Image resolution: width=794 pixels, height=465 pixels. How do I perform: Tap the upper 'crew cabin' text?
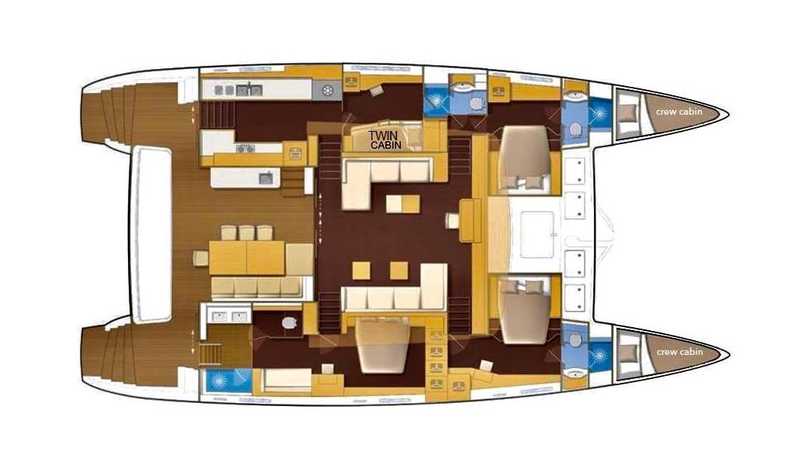(679, 112)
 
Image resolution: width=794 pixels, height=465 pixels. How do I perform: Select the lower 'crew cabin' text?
(679, 352)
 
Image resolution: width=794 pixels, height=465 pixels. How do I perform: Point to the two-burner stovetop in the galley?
(246, 148)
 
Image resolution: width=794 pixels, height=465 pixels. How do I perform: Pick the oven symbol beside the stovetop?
(295, 153)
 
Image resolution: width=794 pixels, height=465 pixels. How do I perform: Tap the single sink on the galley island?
(266, 178)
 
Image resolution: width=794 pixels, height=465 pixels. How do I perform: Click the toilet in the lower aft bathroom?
(289, 322)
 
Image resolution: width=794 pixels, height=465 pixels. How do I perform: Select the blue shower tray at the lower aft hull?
(227, 381)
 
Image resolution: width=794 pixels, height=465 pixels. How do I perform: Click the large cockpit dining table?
(247, 257)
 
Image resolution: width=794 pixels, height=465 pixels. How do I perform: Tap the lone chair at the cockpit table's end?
(200, 258)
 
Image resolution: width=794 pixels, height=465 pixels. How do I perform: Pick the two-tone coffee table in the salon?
(402, 204)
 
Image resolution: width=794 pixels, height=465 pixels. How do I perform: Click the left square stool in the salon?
(361, 270)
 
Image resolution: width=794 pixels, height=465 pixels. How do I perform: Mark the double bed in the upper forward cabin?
(524, 159)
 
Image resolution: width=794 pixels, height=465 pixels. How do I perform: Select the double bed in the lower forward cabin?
(525, 310)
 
